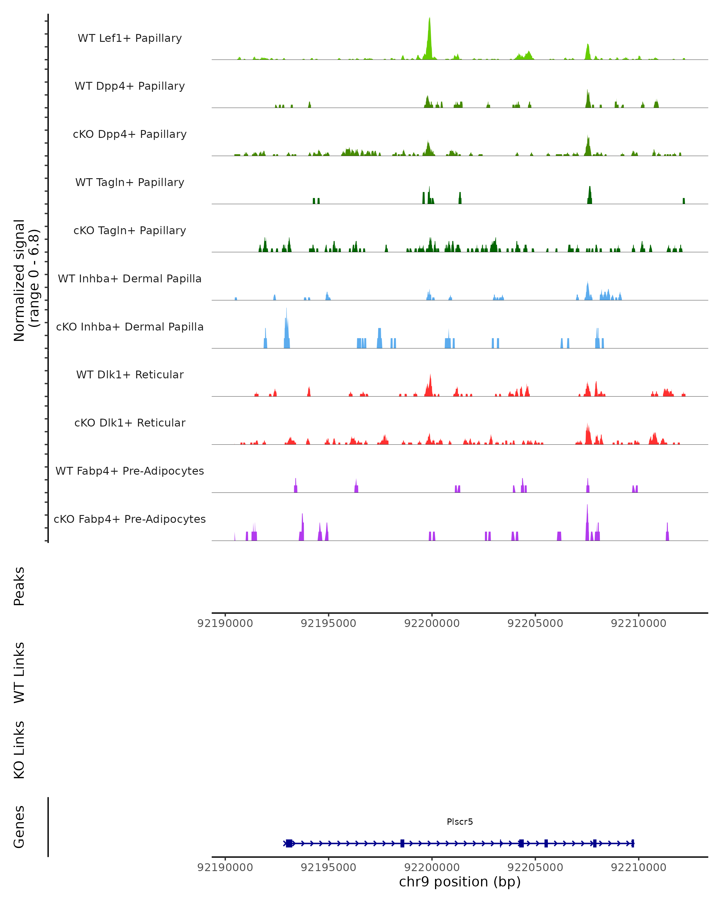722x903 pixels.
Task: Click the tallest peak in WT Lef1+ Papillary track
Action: (x=429, y=38)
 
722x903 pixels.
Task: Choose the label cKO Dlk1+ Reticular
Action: (x=130, y=423)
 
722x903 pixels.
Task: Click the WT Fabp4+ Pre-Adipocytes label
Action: (x=130, y=471)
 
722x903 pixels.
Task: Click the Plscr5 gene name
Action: (x=460, y=822)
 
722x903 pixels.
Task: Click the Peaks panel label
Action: (x=19, y=586)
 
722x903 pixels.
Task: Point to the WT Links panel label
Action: (x=19, y=672)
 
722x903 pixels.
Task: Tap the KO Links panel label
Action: (x=19, y=750)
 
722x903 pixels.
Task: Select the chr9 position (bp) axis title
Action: (x=460, y=882)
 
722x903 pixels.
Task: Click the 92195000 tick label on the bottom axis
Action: (x=329, y=867)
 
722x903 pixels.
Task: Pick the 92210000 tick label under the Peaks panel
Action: (x=638, y=624)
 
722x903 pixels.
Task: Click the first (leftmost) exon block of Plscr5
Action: (x=289, y=843)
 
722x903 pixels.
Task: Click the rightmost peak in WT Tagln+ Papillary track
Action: (x=683, y=201)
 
